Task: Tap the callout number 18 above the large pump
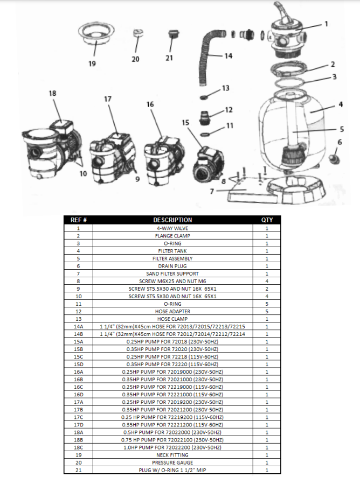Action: point(52,93)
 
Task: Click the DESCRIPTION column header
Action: point(172,220)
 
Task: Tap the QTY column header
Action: point(267,220)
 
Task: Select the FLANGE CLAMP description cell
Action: point(172,235)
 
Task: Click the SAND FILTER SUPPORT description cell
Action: point(172,273)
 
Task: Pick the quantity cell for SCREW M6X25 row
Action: point(267,280)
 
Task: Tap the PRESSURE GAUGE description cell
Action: point(172,462)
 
